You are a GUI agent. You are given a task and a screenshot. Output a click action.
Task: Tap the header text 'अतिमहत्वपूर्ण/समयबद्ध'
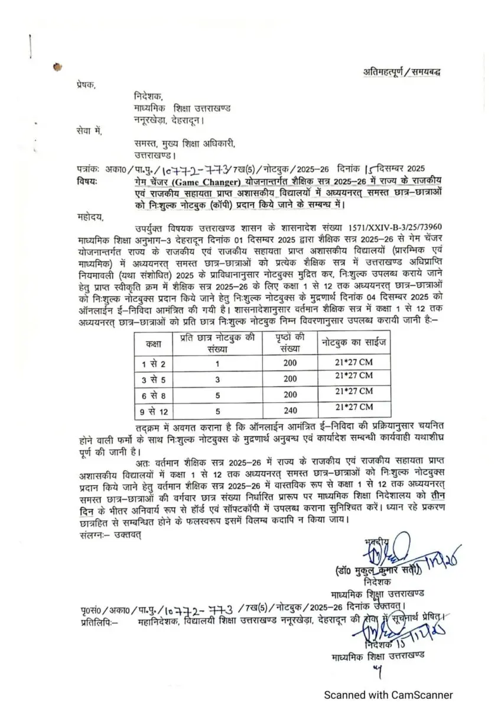click(x=401, y=72)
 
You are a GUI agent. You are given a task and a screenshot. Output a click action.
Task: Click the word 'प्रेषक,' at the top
click(x=86, y=85)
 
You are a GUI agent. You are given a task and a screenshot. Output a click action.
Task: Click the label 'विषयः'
click(x=88, y=180)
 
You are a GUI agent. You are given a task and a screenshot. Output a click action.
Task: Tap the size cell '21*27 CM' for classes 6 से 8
click(x=354, y=392)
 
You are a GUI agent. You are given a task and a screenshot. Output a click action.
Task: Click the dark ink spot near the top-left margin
click(x=57, y=67)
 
